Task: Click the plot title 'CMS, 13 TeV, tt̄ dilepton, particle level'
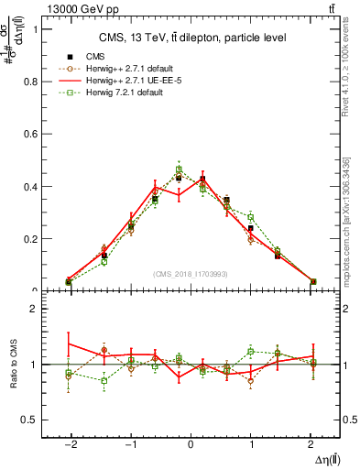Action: (x=192, y=38)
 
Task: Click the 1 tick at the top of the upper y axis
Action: (x=38, y=28)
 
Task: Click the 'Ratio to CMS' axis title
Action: (x=12, y=365)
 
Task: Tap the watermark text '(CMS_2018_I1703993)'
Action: (x=191, y=273)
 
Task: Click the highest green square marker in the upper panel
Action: (x=179, y=169)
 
